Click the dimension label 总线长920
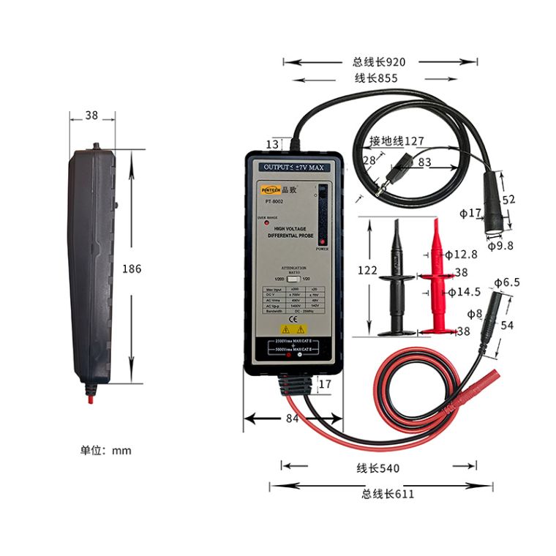[378, 62]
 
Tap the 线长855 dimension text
[376, 78]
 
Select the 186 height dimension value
[131, 269]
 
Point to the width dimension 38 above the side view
[91, 115]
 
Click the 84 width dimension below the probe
[292, 418]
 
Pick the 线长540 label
[378, 468]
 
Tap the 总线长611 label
[387, 494]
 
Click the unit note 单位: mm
[106, 450]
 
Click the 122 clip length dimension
[367, 271]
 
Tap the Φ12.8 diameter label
[461, 255]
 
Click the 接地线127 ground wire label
[397, 141]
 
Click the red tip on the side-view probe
[90, 400]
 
